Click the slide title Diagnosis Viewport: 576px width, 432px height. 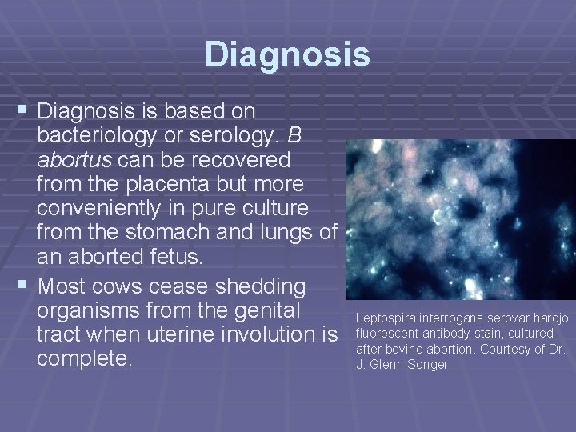pyautogui.click(x=287, y=55)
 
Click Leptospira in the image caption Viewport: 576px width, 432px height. pyautogui.click(x=382, y=319)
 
